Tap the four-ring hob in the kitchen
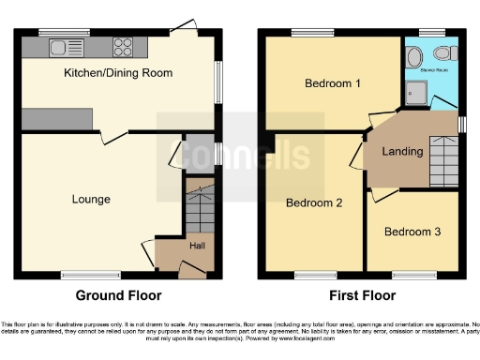point(123,46)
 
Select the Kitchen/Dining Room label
point(117,72)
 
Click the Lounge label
point(91,199)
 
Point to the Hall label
point(198,246)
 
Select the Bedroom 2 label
point(313,202)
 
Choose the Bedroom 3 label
point(412,231)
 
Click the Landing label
point(404,151)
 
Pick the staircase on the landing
point(440,169)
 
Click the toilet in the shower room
point(415,58)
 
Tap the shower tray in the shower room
point(415,91)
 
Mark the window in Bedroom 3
point(412,275)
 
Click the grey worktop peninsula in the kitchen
point(56,118)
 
